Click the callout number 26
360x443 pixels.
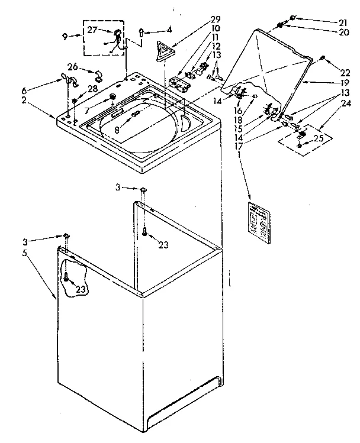coord(72,66)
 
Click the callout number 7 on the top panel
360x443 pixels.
coord(86,111)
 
